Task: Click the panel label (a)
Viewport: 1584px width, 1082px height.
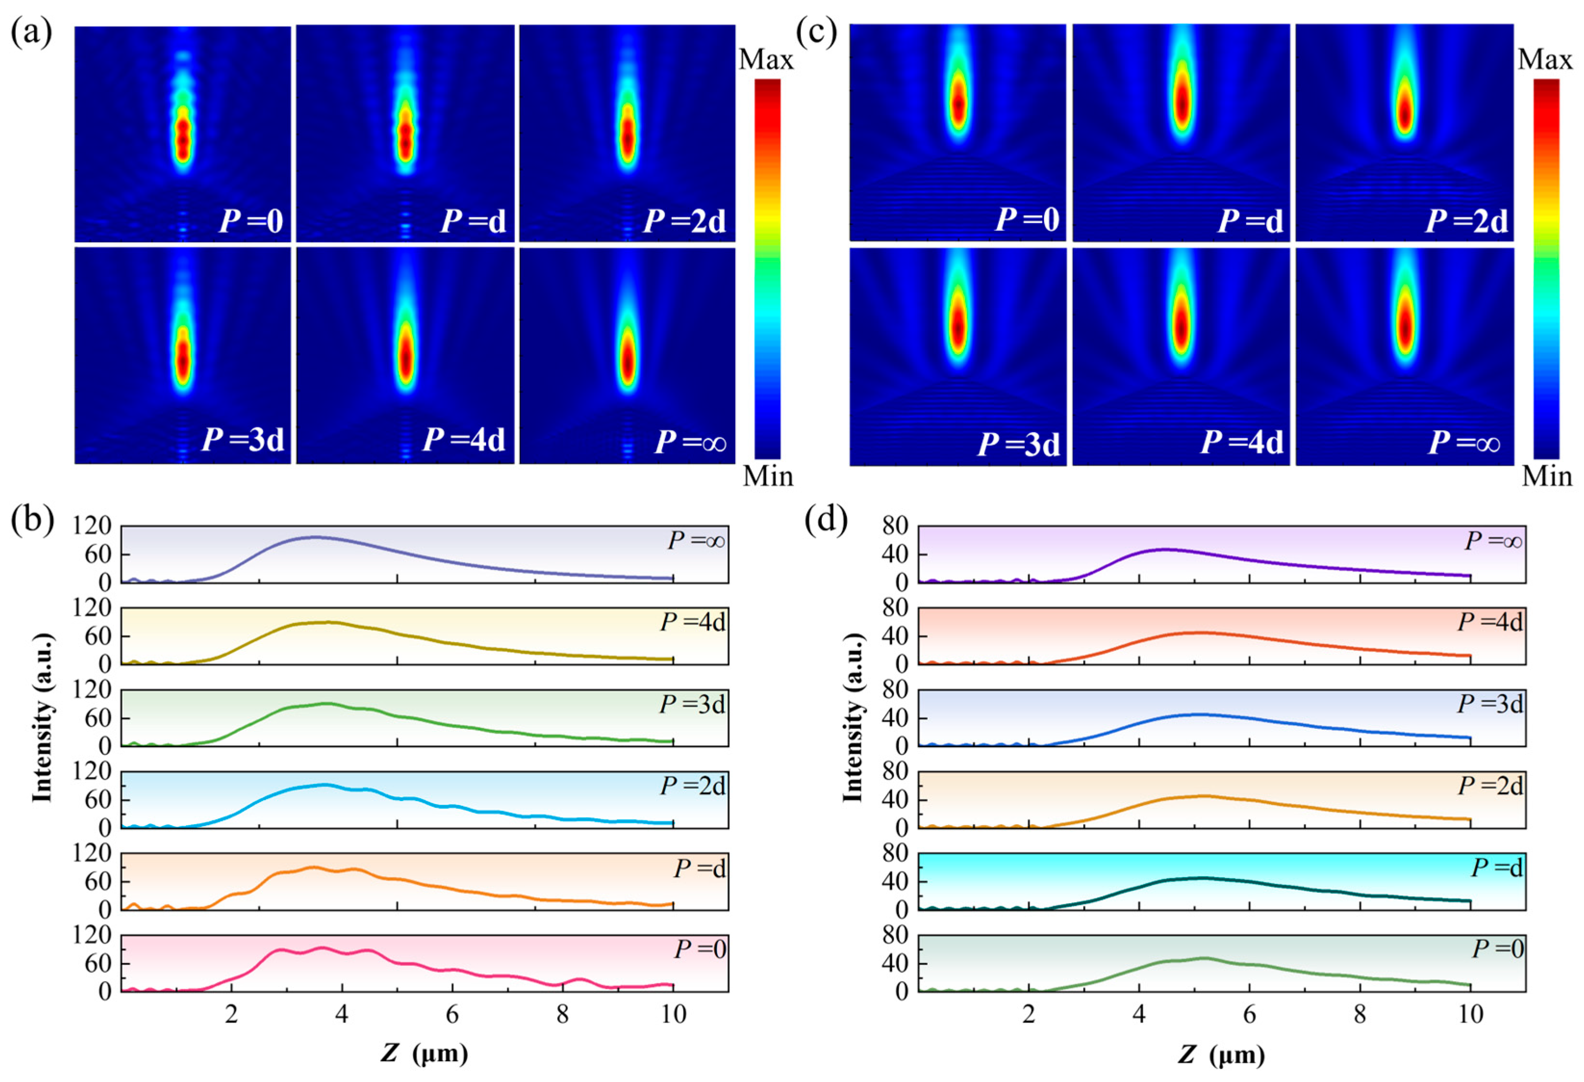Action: point(31,32)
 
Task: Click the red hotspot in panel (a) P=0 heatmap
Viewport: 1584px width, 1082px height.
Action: point(182,136)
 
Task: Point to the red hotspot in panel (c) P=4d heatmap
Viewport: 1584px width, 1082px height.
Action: point(1181,327)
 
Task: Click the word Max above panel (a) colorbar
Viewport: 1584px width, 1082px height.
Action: point(766,60)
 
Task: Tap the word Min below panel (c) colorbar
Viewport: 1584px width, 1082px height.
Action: point(1546,476)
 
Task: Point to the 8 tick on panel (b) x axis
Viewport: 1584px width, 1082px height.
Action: point(562,1015)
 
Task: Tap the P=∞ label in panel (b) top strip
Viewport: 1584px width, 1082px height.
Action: point(696,541)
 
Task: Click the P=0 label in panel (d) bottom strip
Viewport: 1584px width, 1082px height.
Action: point(1497,949)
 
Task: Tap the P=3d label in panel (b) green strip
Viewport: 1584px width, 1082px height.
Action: point(692,704)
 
